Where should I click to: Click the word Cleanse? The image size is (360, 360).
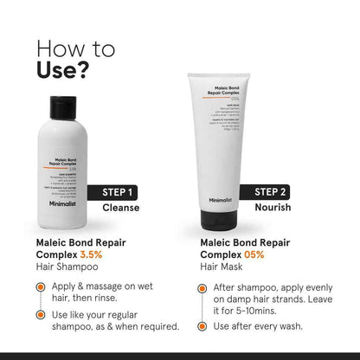[121, 208]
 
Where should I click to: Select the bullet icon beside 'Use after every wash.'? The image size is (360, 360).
[202, 327]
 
